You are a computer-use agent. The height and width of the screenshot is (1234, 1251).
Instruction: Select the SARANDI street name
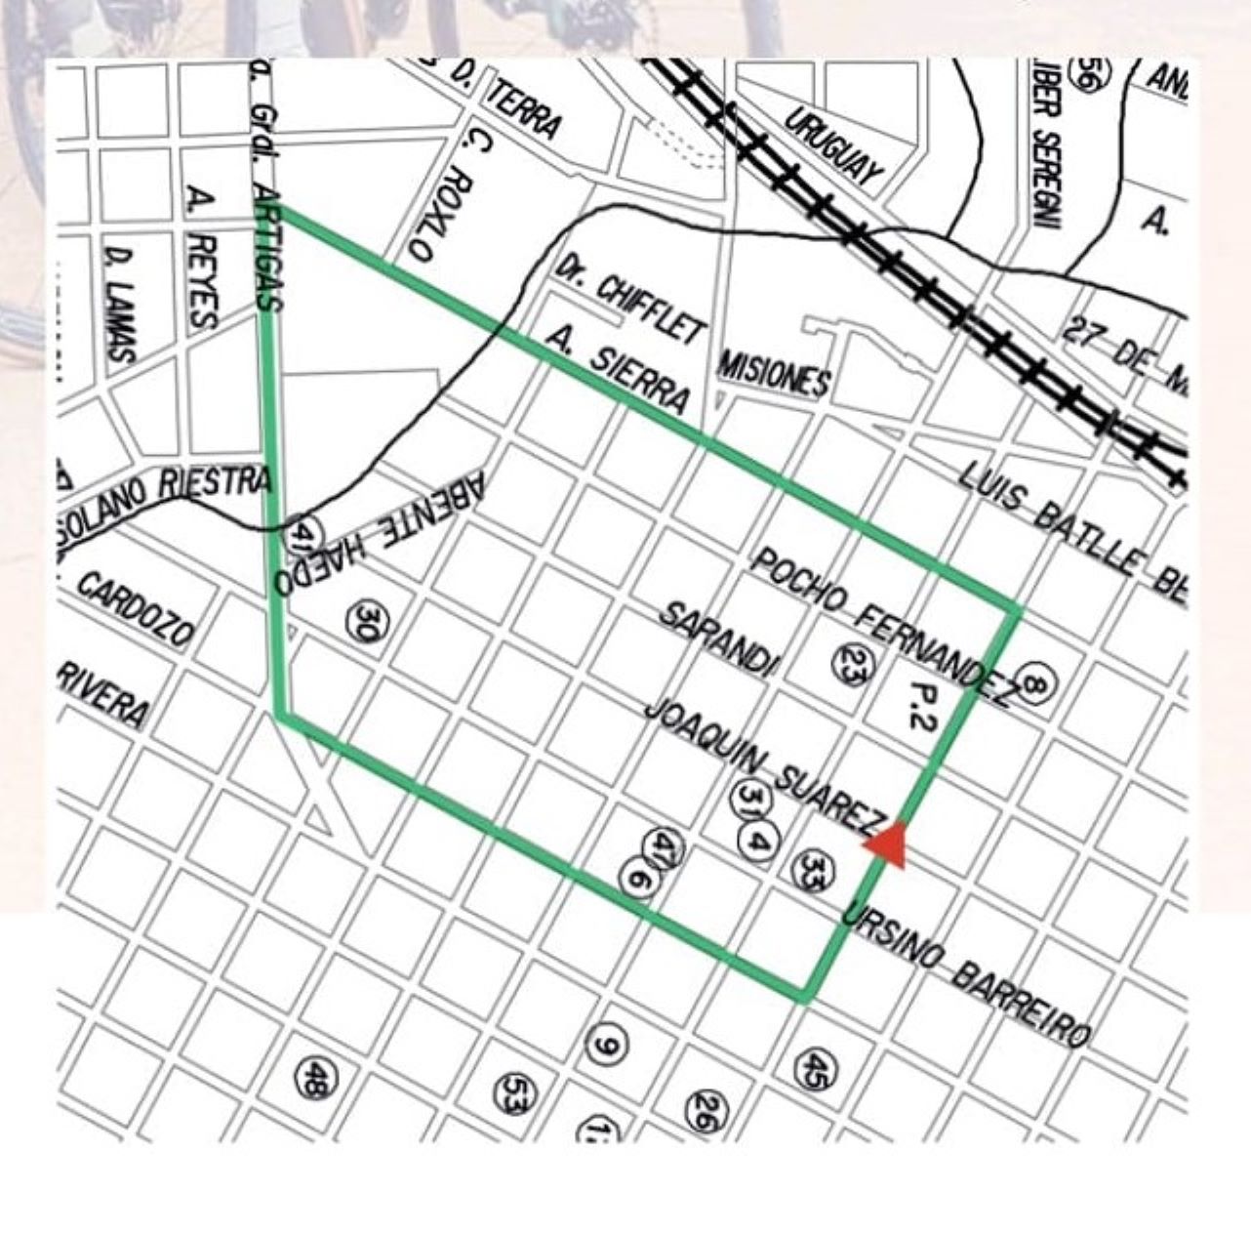719,638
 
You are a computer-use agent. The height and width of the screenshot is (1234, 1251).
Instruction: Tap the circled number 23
851,662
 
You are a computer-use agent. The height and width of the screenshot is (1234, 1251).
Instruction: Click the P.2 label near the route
920,706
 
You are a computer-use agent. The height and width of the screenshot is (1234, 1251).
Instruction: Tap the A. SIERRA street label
619,369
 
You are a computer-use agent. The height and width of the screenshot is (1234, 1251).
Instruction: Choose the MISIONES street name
775,372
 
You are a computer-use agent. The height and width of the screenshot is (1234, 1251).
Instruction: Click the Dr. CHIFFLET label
629,297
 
